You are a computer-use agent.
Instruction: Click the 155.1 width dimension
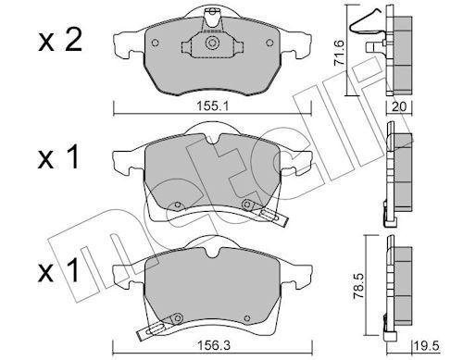(x=212, y=106)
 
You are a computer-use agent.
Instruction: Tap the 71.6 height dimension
(x=340, y=54)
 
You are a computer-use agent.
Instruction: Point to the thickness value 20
(x=399, y=106)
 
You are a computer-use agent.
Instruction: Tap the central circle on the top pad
(x=212, y=43)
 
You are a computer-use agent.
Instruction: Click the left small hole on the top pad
(x=156, y=43)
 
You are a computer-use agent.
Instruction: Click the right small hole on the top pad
(x=269, y=43)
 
